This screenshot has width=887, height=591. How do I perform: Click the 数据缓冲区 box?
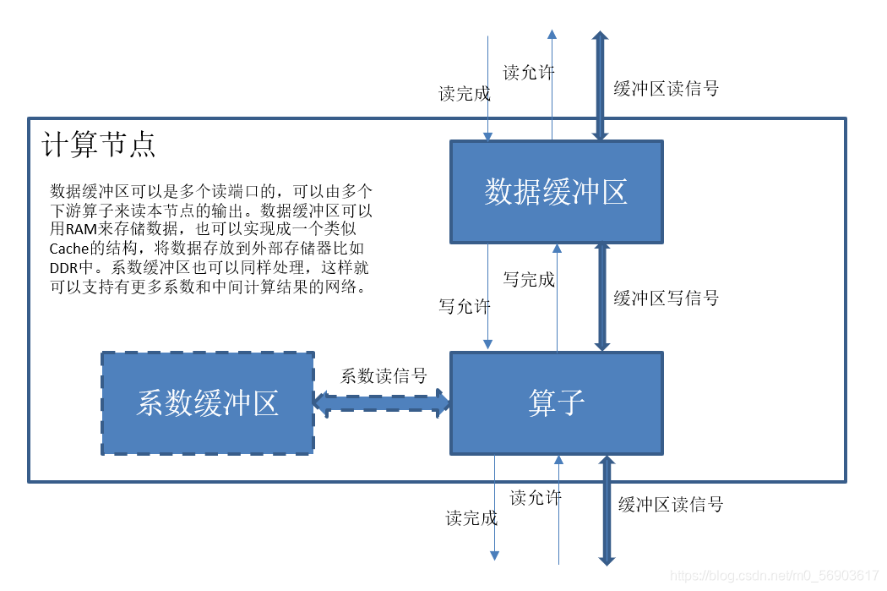(556, 192)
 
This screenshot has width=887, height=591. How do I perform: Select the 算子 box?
(556, 402)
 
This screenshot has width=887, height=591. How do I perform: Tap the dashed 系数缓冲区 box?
(208, 403)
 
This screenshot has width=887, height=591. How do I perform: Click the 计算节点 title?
(99, 145)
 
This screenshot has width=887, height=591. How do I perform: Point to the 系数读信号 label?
(384, 376)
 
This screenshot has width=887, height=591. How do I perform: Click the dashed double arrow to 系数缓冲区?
(382, 403)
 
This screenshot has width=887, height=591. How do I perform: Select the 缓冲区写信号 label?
(666, 298)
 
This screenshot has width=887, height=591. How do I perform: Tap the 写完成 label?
(529, 279)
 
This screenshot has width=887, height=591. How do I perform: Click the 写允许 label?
(464, 306)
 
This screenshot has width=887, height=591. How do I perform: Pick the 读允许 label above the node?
(529, 73)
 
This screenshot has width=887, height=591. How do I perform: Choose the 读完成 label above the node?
(464, 94)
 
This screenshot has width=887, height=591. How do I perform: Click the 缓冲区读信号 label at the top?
(666, 89)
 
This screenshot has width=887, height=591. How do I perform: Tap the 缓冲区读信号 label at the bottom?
(671, 505)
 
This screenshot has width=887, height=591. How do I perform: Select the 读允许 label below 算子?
(536, 498)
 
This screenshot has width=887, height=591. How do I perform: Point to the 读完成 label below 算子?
(471, 518)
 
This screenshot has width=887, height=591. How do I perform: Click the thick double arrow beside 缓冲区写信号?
(601, 297)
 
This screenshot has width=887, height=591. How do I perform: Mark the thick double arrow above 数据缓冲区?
(599, 85)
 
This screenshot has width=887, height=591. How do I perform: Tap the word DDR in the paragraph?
(63, 268)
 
